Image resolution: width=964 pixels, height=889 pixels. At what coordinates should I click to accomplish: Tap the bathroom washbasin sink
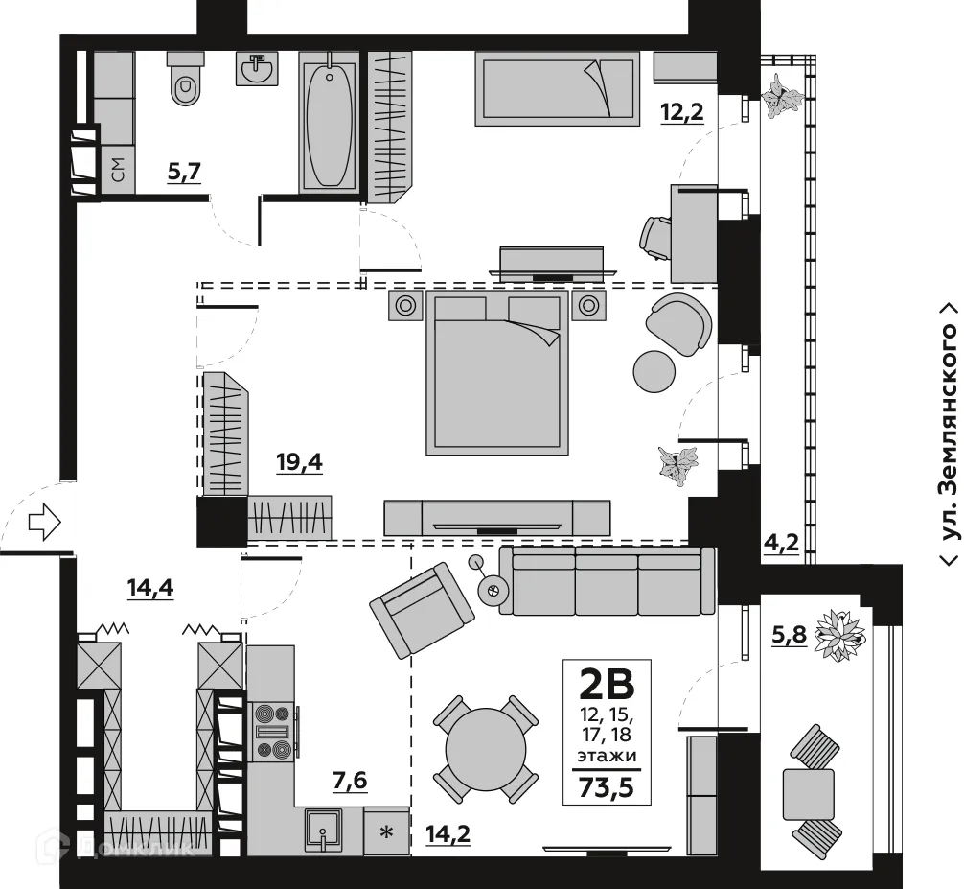point(256,68)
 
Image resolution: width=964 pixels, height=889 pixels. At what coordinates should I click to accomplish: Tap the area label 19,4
point(353,463)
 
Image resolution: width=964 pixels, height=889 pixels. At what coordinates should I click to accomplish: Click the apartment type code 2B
point(607,685)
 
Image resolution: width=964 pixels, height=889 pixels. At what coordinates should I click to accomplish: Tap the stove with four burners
point(269,731)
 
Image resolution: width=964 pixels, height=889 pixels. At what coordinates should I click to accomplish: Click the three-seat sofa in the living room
point(607,581)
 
